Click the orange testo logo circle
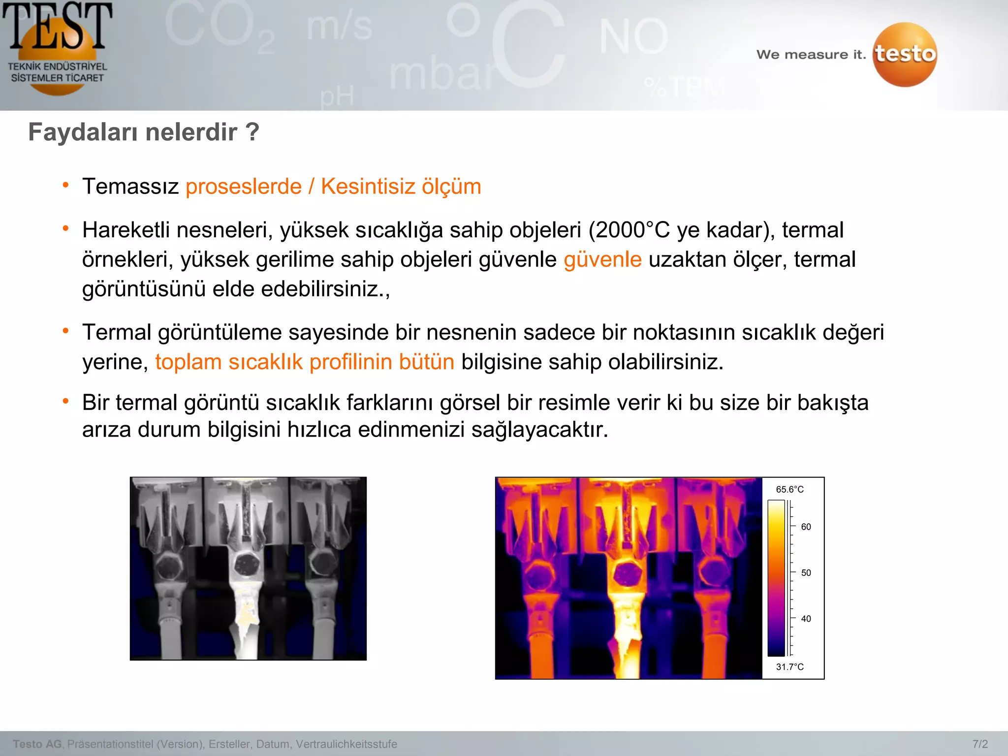(x=905, y=54)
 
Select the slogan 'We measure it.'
(x=811, y=55)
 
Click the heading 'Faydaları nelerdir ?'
(x=143, y=132)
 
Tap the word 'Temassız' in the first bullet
(x=130, y=187)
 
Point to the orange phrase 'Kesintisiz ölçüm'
(x=401, y=187)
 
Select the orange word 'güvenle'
(x=602, y=259)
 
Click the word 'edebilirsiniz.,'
(x=325, y=289)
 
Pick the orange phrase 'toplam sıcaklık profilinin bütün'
(x=305, y=362)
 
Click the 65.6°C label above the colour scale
(x=789, y=489)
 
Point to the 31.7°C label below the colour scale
(x=789, y=667)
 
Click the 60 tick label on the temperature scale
(x=806, y=527)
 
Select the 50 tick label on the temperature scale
(x=806, y=573)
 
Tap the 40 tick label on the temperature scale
(x=806, y=619)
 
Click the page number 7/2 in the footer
(x=980, y=744)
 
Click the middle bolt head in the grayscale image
(x=244, y=563)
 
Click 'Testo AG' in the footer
(x=37, y=744)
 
